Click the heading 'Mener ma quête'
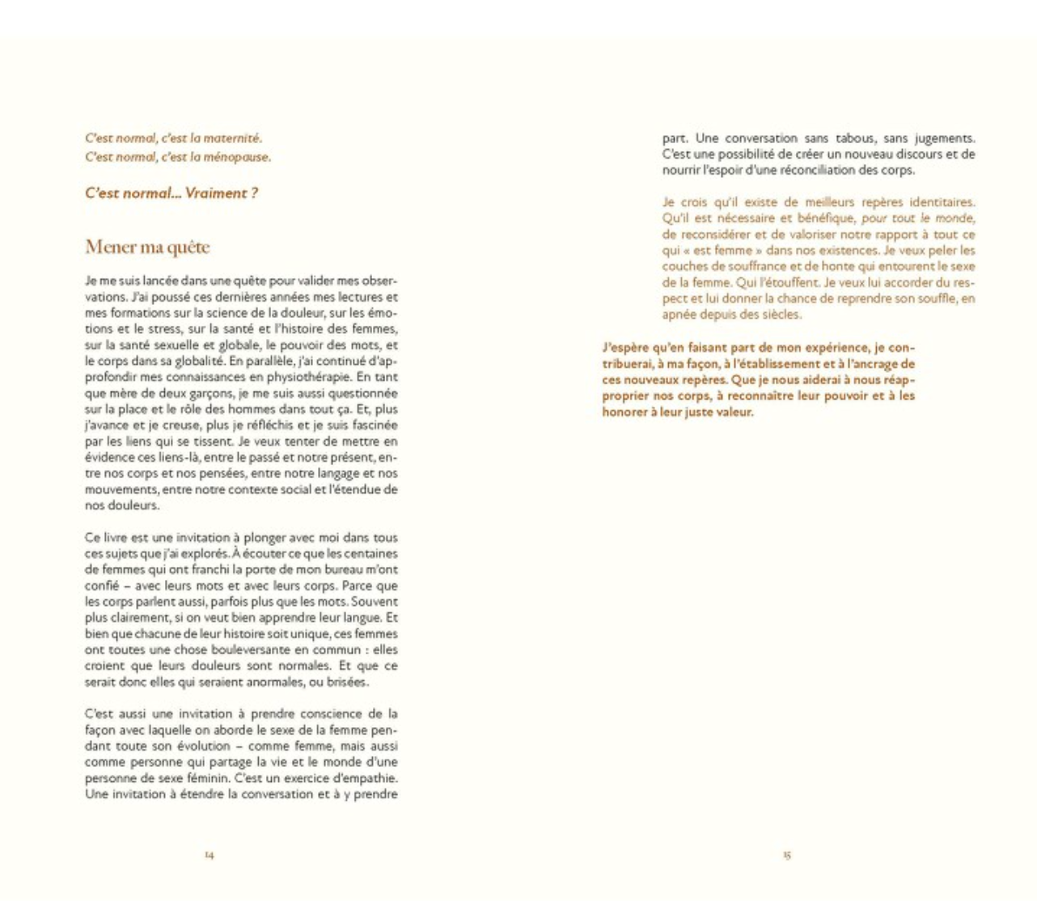pos(147,247)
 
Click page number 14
pos(209,855)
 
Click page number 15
pos(786,855)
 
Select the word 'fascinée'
pos(375,425)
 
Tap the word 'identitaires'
pos(942,202)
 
